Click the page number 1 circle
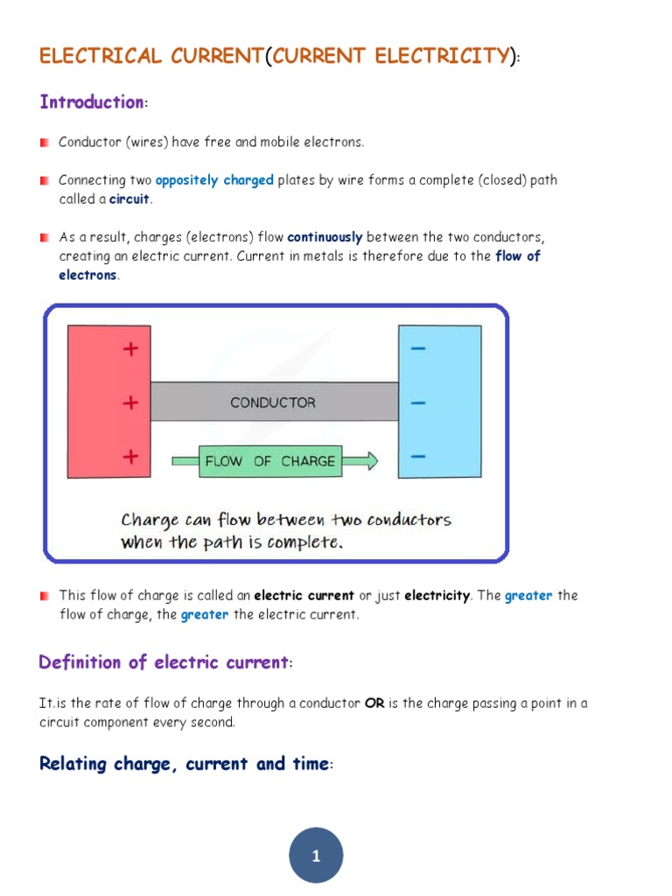point(316,856)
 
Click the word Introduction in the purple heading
point(91,102)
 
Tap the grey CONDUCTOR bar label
point(272,402)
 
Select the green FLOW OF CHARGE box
point(269,461)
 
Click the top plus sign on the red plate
point(130,349)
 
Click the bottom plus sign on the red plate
point(130,456)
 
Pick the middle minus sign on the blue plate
point(418,403)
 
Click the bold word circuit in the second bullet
point(129,199)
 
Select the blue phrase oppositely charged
point(214,180)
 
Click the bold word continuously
point(325,237)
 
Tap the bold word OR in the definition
point(374,703)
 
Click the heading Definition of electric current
point(164,662)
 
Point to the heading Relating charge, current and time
point(184,764)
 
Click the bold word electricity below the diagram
point(437,596)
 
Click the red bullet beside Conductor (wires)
point(45,142)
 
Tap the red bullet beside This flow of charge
point(45,596)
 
